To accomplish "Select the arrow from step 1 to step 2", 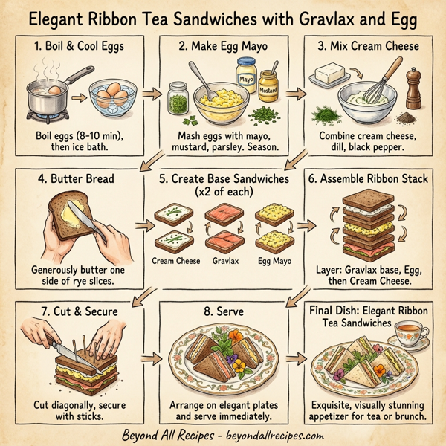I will click(150, 94).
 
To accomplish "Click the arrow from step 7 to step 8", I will click(150, 359).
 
